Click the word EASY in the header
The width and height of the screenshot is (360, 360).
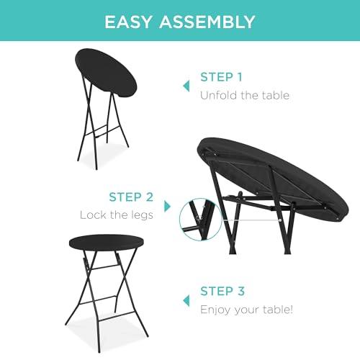point(128,22)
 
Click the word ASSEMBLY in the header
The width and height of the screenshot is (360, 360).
point(207,22)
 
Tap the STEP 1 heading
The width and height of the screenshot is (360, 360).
point(221,77)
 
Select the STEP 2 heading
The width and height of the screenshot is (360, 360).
point(131,197)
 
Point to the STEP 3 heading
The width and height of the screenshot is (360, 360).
point(222,291)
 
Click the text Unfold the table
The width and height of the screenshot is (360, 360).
point(245,95)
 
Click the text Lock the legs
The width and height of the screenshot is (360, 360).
point(117,215)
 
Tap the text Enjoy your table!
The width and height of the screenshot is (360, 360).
point(246,310)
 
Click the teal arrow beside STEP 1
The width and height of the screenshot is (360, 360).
point(186,86)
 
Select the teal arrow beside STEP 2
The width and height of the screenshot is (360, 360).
point(167,207)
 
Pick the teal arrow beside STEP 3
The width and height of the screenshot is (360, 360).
point(186,301)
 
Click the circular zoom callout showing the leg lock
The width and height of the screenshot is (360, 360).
point(200,220)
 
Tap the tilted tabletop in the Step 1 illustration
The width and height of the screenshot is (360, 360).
point(106,73)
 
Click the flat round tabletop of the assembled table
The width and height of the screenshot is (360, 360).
point(106,243)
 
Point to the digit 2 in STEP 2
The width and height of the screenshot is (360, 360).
point(150,197)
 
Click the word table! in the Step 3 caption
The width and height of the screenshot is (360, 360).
point(278,309)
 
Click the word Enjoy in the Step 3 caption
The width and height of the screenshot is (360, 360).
point(215,310)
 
